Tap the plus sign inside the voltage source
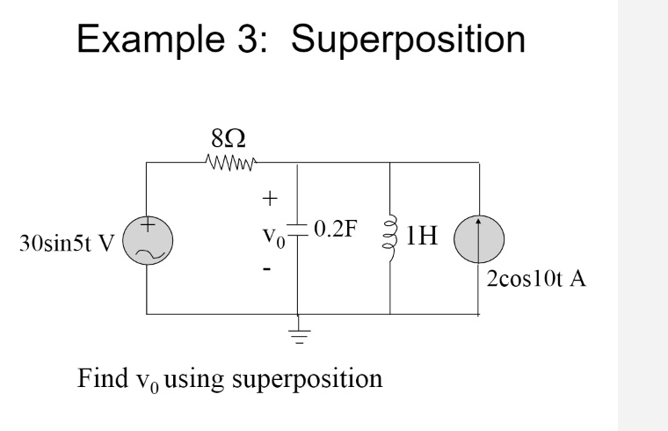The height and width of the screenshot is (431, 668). tap(149, 227)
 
